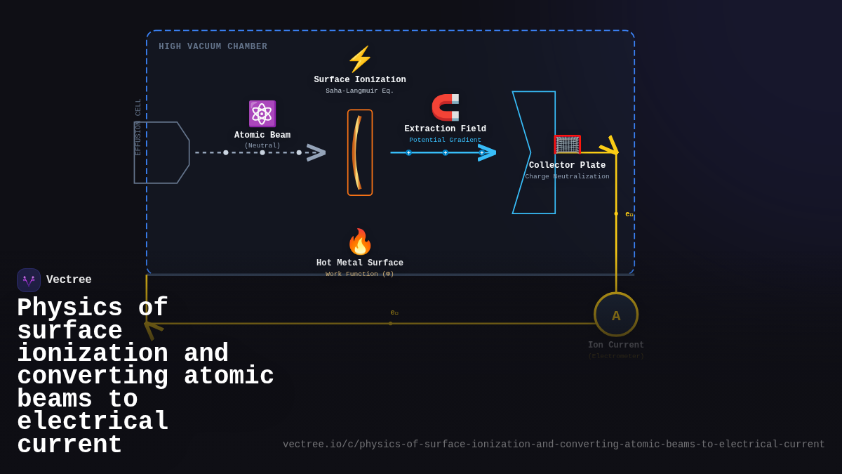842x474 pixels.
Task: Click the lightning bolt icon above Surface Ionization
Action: click(x=360, y=60)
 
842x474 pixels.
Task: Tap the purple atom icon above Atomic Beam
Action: click(x=262, y=114)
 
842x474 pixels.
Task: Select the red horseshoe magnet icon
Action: click(x=446, y=107)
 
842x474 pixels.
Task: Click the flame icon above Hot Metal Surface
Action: click(x=360, y=242)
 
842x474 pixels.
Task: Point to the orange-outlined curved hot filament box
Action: click(x=360, y=152)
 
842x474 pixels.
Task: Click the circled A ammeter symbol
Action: click(x=616, y=315)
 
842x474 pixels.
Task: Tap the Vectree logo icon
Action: click(x=29, y=280)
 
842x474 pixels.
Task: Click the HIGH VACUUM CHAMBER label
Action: click(x=213, y=47)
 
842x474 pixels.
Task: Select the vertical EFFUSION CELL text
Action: click(x=138, y=127)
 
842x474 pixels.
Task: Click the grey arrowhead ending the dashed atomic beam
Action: click(x=316, y=152)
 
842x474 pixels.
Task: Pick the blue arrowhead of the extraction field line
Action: click(x=487, y=152)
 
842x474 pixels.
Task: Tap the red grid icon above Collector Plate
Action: click(x=567, y=145)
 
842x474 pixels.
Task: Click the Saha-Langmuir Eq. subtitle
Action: click(x=360, y=91)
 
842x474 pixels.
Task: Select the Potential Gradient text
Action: click(x=445, y=140)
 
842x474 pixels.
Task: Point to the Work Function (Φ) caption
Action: click(x=360, y=274)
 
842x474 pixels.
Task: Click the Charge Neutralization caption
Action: click(x=567, y=176)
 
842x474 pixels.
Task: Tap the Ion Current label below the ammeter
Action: click(x=616, y=345)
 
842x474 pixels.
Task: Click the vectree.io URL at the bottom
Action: click(x=554, y=445)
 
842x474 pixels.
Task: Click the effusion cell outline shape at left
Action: click(x=161, y=152)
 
